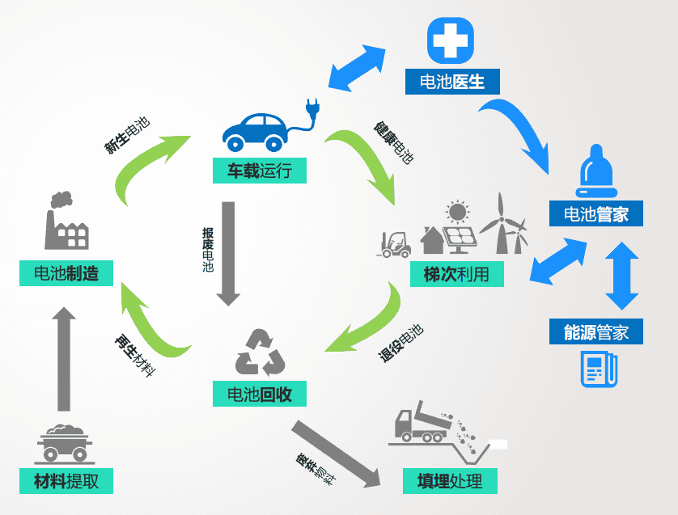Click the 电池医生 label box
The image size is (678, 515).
452,81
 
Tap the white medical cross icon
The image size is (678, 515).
450,40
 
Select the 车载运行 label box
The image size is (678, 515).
260,171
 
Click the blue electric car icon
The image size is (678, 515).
255,133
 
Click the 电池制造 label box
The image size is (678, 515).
66,273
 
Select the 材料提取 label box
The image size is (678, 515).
66,481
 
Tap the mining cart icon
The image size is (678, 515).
64,443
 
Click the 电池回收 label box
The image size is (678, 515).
260,394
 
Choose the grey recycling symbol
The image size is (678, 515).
260,352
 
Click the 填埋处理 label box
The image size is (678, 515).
450,481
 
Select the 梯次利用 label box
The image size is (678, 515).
457,274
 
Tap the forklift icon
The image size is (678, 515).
394,244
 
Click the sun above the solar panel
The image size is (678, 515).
457,212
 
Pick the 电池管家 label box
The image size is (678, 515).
595,213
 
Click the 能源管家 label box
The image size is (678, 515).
595,331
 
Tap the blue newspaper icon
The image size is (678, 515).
599,369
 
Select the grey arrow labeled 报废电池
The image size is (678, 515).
228,254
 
